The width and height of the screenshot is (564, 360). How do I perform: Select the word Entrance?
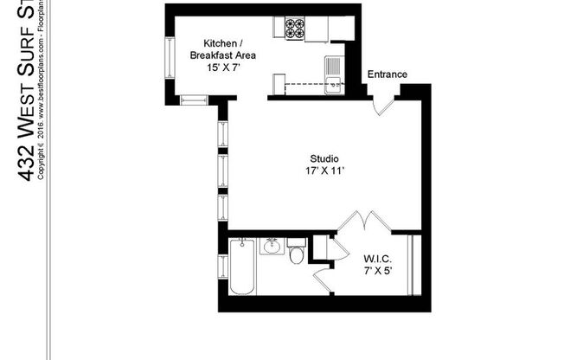(x=387, y=74)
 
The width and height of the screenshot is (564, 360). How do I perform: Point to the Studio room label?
(x=324, y=159)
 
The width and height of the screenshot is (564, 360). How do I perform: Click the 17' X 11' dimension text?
(x=324, y=171)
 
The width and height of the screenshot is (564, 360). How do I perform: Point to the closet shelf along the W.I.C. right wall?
(x=413, y=263)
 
